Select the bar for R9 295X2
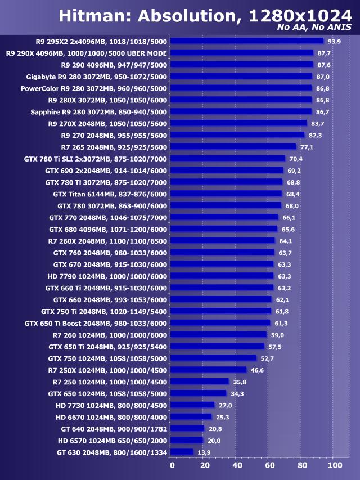tap(247, 41)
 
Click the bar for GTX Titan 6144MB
tap(226, 194)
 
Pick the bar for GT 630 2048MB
tap(182, 451)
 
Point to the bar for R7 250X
tap(208, 370)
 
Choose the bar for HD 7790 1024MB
tap(222, 276)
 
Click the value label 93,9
tap(335, 41)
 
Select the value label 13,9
tap(204, 452)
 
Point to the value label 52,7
tap(267, 358)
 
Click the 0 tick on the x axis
tap(172, 466)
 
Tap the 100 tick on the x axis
tap(334, 466)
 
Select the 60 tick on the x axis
tap(270, 466)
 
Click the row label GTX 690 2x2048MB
tap(106, 170)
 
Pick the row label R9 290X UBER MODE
tap(86, 53)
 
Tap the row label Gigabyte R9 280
tap(97, 77)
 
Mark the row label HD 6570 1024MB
tap(112, 440)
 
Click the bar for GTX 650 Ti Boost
tap(220, 323)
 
